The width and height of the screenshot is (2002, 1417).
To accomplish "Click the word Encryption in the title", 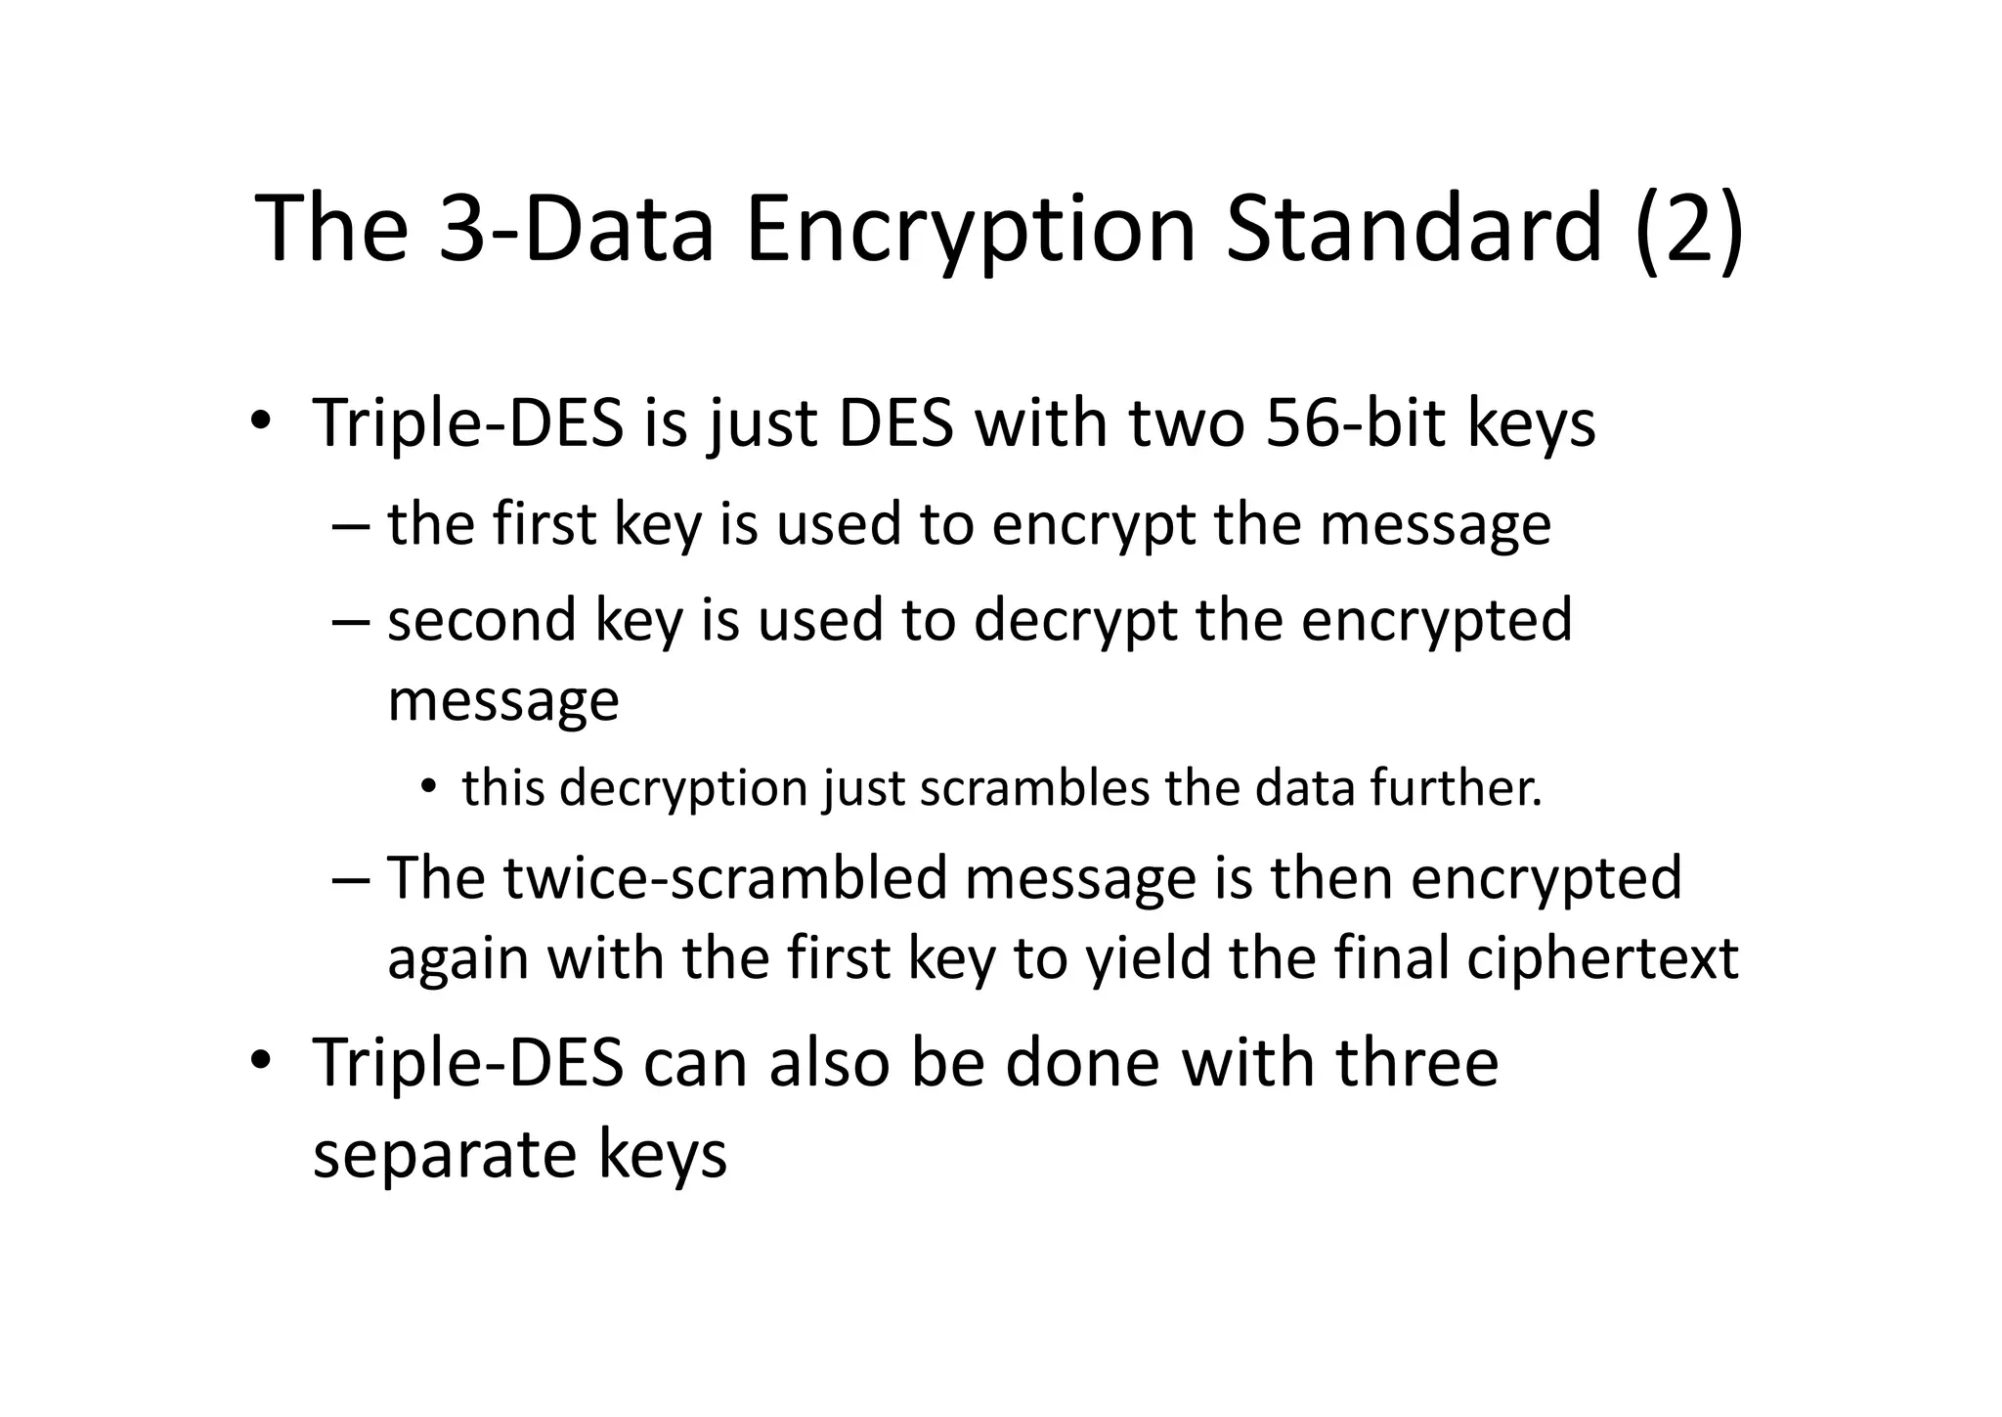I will click(x=970, y=230).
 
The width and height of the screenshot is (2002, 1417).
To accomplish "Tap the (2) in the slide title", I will click(x=1688, y=230).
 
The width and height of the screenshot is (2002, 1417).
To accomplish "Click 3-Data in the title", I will click(x=576, y=230).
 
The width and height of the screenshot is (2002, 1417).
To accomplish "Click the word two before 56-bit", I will click(x=1186, y=424).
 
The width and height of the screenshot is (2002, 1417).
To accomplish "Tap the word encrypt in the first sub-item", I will click(x=1093, y=526).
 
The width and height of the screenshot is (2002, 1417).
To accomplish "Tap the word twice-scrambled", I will click(x=725, y=877).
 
